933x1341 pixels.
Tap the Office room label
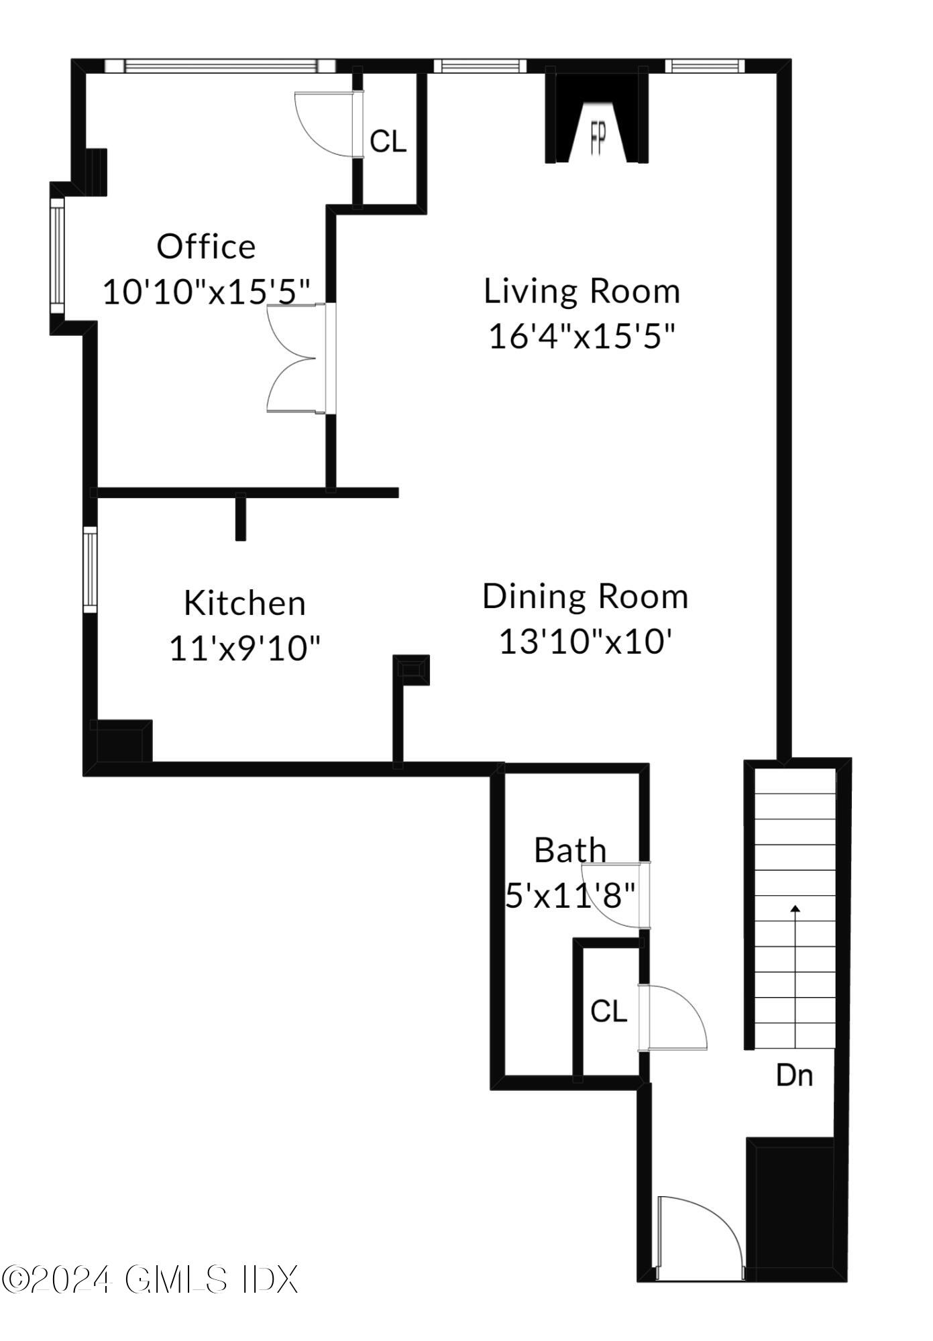[206, 247]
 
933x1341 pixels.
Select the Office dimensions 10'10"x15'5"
[207, 292]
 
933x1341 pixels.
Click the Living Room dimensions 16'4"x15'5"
[581, 335]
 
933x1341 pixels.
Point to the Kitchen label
[245, 603]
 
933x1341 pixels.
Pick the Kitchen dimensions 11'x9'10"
[245, 648]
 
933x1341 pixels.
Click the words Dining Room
[585, 597]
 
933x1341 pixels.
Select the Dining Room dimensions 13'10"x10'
[585, 642]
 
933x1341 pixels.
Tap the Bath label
[570, 850]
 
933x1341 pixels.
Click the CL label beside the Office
[388, 141]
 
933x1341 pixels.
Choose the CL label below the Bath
[608, 1011]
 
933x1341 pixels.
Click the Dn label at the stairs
[794, 1075]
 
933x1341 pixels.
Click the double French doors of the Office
[298, 358]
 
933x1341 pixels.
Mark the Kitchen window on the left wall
[90, 569]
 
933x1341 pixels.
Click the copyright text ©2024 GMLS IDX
[149, 1280]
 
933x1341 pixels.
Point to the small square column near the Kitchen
[410, 669]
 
